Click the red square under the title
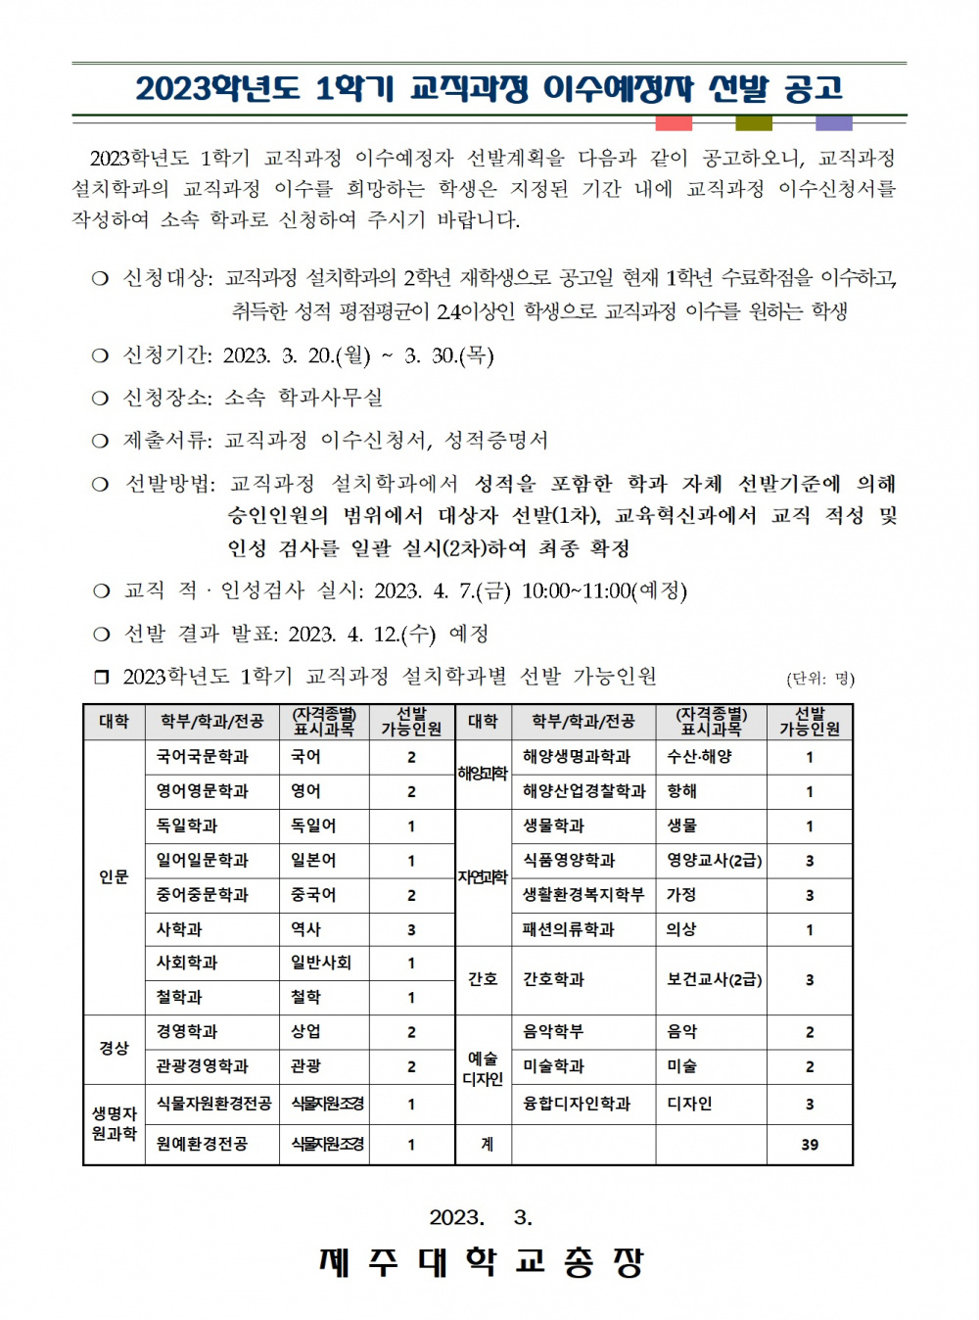point(674,123)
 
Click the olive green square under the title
point(754,123)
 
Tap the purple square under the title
point(834,123)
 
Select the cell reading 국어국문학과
point(203,757)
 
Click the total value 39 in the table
point(810,1145)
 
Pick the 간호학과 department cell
point(554,979)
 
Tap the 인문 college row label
point(114,877)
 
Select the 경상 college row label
point(114,1049)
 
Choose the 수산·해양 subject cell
point(699,757)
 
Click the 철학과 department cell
point(179,997)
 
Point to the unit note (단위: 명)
point(820,679)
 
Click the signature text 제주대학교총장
point(481,1262)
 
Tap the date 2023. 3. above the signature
point(481,1217)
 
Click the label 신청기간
point(166,355)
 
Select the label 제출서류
point(166,441)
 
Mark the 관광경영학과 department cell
point(203,1066)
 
